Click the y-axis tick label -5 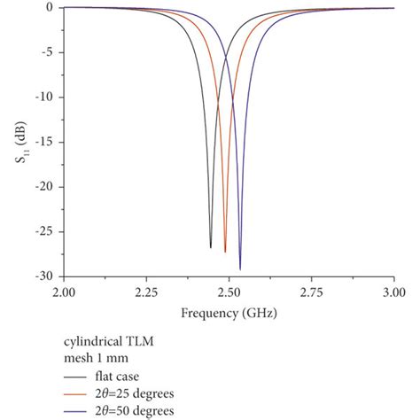[51, 52]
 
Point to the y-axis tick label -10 [48, 97]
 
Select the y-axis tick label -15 [48, 142]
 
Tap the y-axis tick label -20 [48, 187]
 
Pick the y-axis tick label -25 [48, 231]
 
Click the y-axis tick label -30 [48, 276]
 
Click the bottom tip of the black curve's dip [211, 247]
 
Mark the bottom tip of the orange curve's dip [225, 253]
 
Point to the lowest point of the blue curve [240, 269]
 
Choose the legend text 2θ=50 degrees [144, 410]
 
